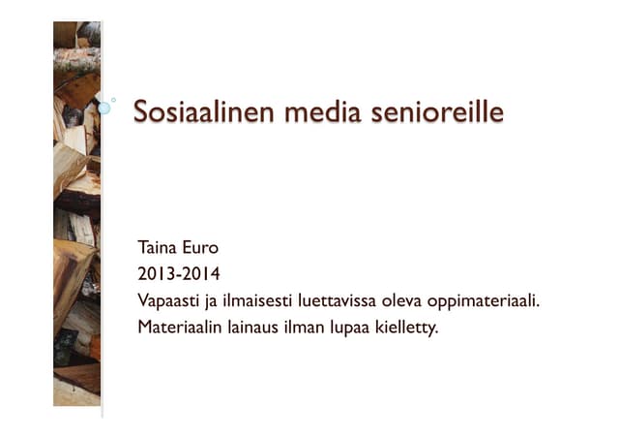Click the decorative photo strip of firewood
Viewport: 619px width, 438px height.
click(76, 213)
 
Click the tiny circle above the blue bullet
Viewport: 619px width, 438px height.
click(113, 99)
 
